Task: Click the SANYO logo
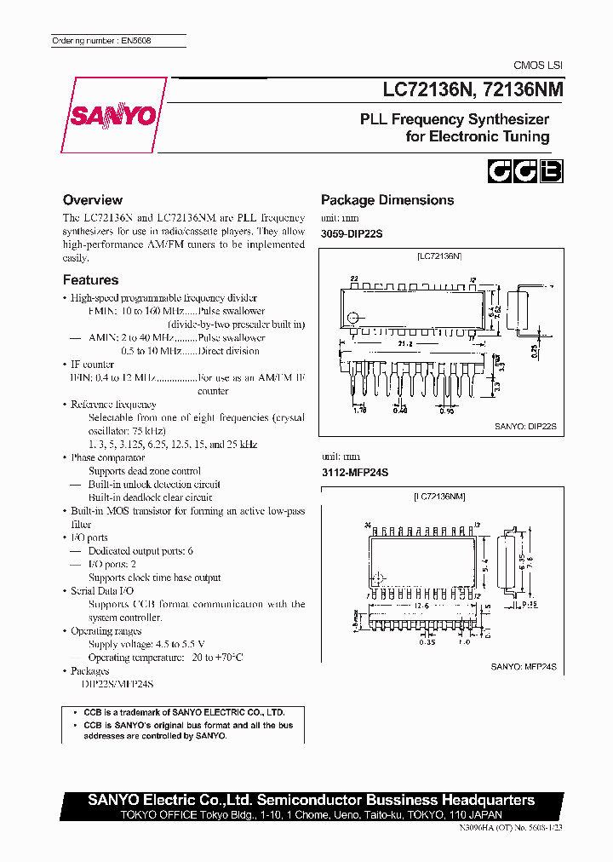pos(115,116)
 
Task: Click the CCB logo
pos(524,170)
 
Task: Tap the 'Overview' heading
pos(93,200)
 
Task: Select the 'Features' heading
pos(90,280)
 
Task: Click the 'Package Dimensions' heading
pos(387,200)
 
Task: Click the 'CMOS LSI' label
pos(537,66)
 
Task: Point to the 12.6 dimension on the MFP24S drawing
pos(422,606)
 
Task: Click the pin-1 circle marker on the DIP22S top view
pos(352,318)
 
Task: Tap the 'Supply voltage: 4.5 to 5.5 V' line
pos(146,645)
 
